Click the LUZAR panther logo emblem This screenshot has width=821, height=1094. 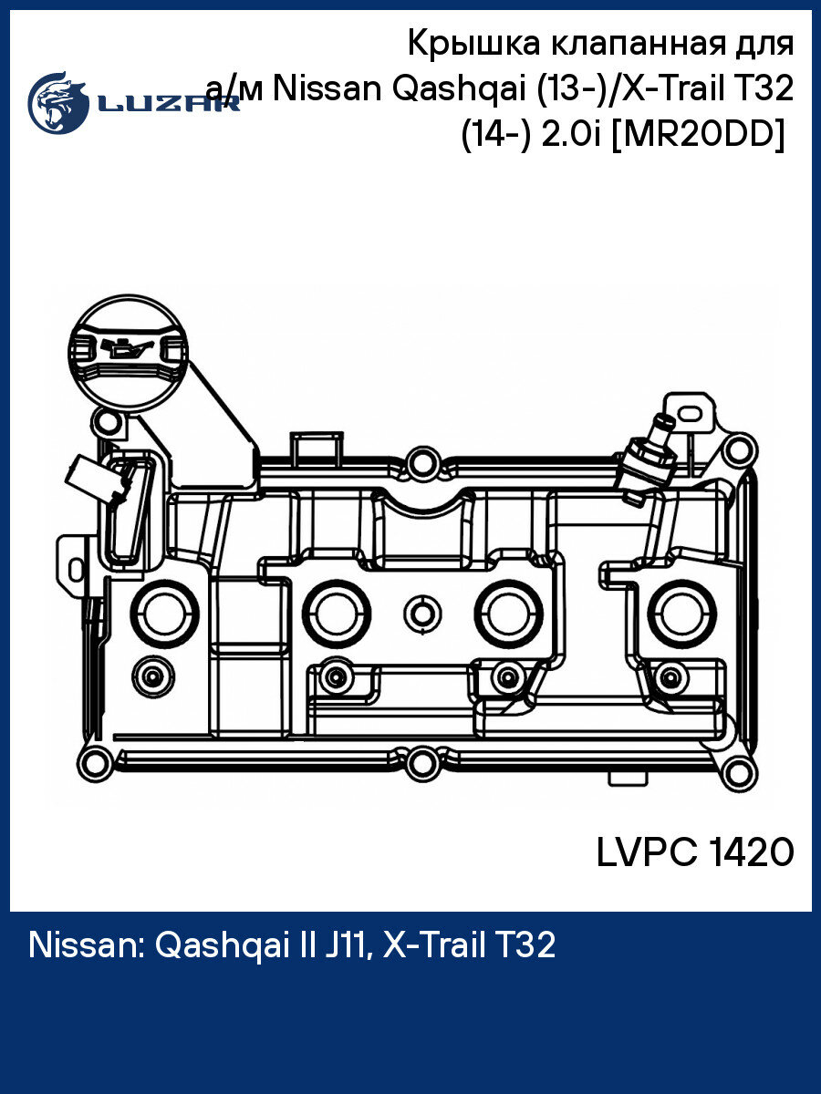click(x=57, y=103)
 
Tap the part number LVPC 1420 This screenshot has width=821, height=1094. click(x=695, y=853)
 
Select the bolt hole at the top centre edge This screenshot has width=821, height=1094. click(x=421, y=464)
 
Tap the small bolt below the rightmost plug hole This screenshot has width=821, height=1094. click(x=671, y=676)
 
